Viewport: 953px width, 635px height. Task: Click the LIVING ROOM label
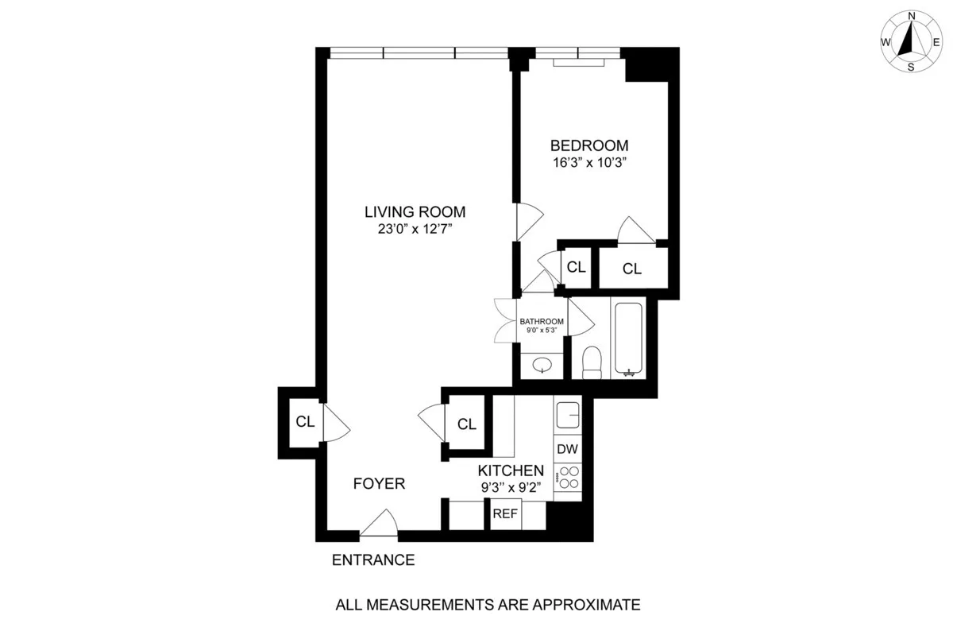(x=415, y=212)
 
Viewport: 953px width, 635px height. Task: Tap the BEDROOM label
(x=589, y=145)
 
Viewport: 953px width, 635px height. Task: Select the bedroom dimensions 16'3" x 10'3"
(x=589, y=163)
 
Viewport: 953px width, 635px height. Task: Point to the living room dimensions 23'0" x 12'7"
(x=415, y=230)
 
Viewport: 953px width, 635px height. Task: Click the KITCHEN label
(x=511, y=470)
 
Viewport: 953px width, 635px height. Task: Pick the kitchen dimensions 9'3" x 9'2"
(x=511, y=488)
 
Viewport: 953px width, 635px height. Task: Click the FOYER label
(x=379, y=484)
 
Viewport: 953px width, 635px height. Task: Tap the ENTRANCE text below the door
(x=372, y=559)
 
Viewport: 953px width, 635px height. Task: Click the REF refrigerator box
(x=505, y=514)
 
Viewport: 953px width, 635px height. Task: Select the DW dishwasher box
(x=567, y=449)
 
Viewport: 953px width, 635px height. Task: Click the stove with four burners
(x=568, y=478)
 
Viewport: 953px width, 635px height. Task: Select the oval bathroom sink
(x=543, y=366)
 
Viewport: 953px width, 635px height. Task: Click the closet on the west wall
(x=304, y=422)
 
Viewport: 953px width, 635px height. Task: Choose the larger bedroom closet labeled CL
(x=631, y=269)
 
